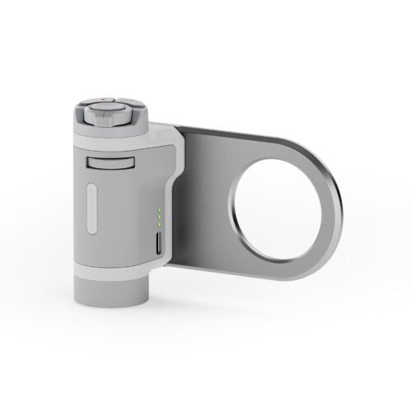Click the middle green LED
(x=157, y=217)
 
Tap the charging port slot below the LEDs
(x=157, y=245)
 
